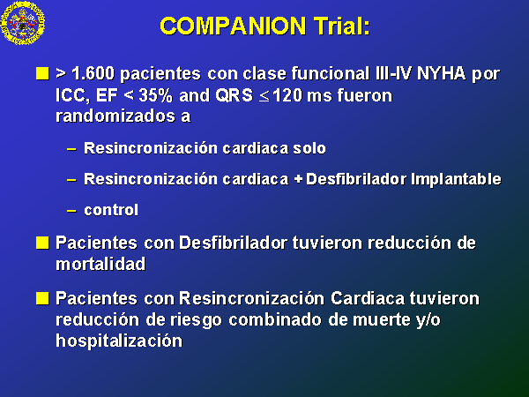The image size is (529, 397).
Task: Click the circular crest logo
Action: (23, 23)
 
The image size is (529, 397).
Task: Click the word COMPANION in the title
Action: (233, 26)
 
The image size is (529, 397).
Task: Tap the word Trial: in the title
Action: (342, 26)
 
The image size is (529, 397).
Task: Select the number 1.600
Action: (93, 73)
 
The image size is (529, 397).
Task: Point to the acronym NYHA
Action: (441, 73)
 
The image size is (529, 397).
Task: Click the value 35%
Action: (155, 95)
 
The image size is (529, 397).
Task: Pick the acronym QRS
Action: (234, 95)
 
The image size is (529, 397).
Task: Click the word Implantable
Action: (456, 179)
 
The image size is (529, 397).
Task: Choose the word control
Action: (111, 210)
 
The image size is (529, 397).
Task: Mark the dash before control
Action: (71, 211)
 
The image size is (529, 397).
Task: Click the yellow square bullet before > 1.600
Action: (42, 73)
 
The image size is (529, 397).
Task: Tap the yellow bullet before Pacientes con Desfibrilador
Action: (42, 243)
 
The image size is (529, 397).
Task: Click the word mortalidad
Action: (101, 264)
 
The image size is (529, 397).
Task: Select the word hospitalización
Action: (119, 341)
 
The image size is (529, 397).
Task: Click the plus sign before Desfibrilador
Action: (298, 180)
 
